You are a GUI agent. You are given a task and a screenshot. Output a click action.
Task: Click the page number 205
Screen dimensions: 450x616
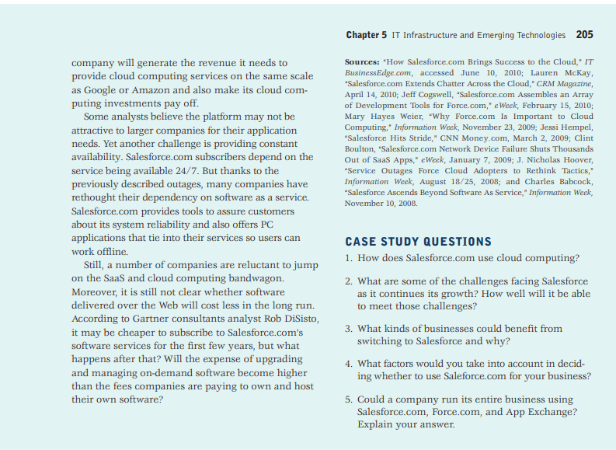(x=585, y=35)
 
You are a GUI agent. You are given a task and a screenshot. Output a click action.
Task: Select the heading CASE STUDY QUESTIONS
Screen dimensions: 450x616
(x=418, y=242)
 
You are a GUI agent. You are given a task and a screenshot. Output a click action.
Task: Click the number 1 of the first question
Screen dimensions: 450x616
(x=349, y=258)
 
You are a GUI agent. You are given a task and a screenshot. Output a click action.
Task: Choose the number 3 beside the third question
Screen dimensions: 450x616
(x=349, y=329)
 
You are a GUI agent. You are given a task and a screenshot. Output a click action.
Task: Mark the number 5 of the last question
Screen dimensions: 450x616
(x=349, y=399)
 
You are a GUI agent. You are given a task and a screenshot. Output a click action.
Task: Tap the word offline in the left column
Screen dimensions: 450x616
(x=110, y=251)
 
